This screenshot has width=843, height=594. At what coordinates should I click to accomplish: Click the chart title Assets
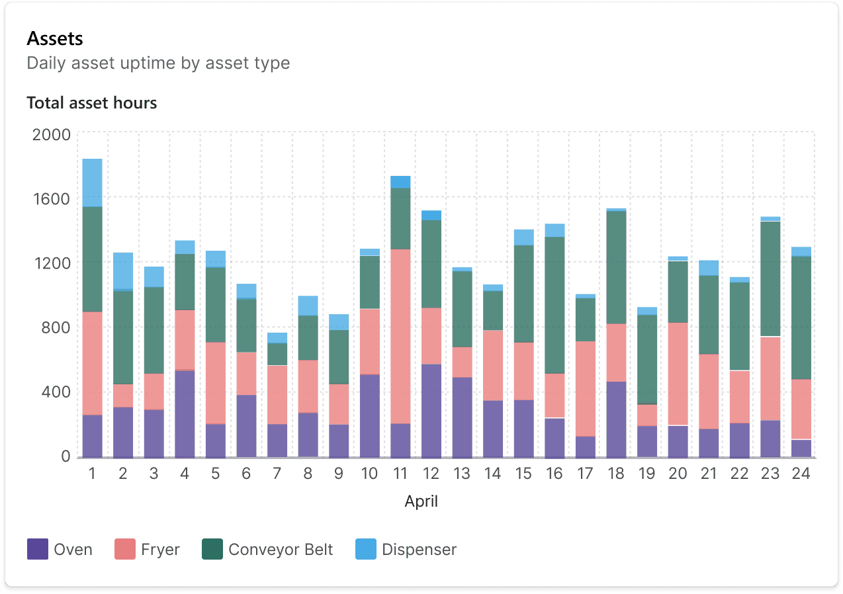(x=55, y=39)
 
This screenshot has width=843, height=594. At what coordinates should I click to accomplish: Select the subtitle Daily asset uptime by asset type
(x=158, y=64)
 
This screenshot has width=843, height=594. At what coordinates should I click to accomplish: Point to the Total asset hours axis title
(x=91, y=103)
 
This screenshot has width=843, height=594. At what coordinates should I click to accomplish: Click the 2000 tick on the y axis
(x=51, y=135)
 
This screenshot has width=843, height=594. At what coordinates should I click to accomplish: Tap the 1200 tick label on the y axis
(x=51, y=263)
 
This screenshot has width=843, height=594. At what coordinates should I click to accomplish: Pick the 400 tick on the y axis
(x=56, y=392)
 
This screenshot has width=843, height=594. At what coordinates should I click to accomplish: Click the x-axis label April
(x=421, y=501)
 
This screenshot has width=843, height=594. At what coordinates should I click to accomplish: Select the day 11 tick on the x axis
(x=400, y=474)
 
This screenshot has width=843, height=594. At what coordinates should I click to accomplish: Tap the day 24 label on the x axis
(x=801, y=474)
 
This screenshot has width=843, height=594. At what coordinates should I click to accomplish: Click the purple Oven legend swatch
(x=38, y=550)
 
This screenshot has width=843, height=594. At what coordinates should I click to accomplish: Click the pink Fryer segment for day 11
(x=400, y=336)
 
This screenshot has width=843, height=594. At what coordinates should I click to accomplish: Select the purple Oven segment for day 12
(x=431, y=410)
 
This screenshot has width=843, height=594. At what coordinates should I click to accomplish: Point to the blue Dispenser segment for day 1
(x=92, y=183)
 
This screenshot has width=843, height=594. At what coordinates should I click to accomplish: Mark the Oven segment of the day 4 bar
(x=185, y=413)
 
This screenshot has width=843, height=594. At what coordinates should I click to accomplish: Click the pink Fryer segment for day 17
(x=585, y=388)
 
